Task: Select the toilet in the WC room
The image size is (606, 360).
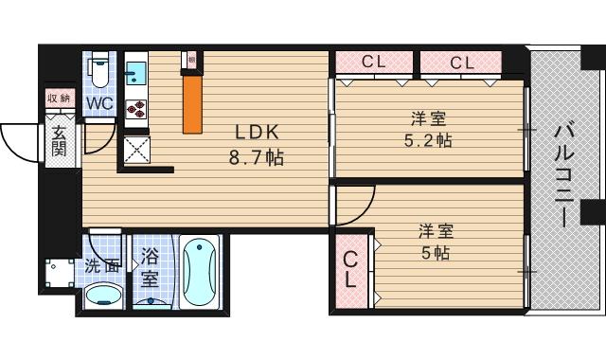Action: (x=99, y=70)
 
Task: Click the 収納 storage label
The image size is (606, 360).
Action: (x=58, y=98)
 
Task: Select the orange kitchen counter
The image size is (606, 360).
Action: (x=192, y=103)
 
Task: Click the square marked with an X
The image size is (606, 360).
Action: (x=134, y=150)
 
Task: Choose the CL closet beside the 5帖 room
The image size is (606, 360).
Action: (x=350, y=269)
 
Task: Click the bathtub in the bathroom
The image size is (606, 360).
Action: (x=200, y=271)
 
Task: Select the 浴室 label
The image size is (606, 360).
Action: (x=150, y=267)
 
